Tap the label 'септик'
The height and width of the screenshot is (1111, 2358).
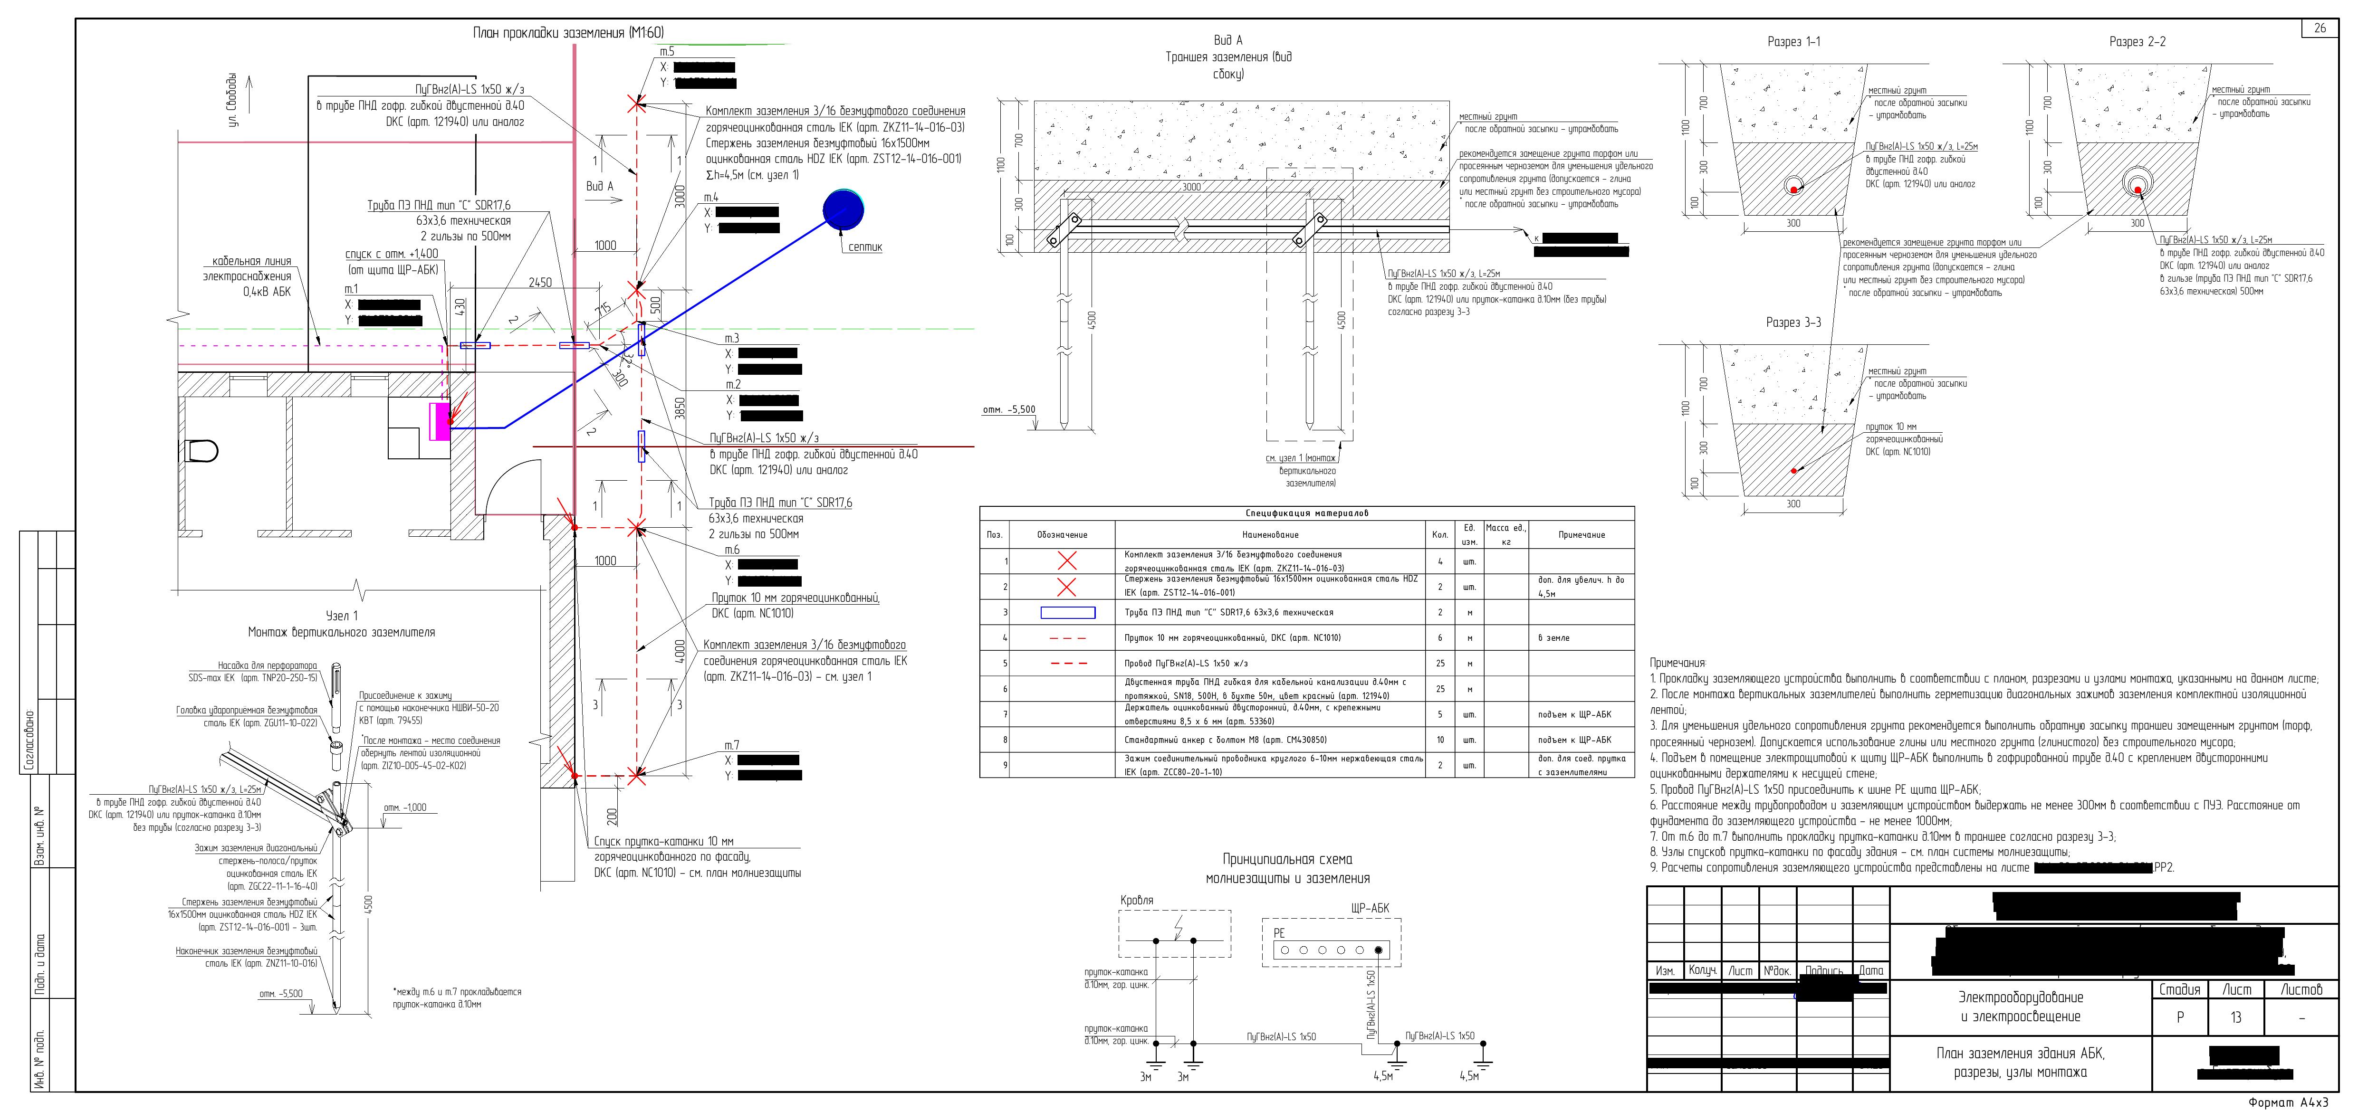tap(865, 247)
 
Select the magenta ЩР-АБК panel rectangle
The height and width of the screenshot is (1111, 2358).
tap(441, 421)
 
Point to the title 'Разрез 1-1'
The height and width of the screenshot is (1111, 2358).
tap(1793, 42)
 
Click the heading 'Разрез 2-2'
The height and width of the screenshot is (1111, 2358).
tap(2137, 42)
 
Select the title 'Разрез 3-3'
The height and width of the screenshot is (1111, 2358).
tap(1793, 322)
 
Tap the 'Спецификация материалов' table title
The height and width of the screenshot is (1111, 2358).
tap(1306, 513)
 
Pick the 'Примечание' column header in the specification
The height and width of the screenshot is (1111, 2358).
tap(1581, 534)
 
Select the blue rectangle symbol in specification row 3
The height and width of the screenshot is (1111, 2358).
tap(1067, 612)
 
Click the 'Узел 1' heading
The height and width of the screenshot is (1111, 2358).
tap(341, 616)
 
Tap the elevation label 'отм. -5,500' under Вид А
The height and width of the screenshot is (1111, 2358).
tap(1009, 410)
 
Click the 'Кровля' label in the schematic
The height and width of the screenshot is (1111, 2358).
tap(1137, 901)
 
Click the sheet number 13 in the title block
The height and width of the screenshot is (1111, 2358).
tap(2235, 1017)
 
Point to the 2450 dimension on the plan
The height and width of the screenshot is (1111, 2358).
tap(540, 283)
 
